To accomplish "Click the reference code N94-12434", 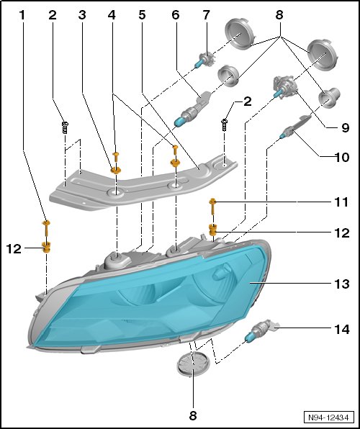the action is [328, 417].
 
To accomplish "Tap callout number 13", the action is [342, 284].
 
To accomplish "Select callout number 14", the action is [342, 330].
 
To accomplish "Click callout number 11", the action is [341, 202].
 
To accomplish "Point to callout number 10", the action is [342, 158].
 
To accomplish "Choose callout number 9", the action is [345, 127].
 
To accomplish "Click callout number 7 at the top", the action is [206, 15].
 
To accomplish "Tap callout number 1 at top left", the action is [22, 15].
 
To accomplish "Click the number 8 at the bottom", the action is [193, 416].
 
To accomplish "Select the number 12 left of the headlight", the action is [14, 249].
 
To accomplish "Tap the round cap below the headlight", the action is [192, 363].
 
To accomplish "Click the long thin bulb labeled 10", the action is [295, 127].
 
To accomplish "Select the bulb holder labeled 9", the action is [284, 86].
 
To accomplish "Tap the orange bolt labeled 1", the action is [46, 229].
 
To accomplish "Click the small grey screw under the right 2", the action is [225, 125].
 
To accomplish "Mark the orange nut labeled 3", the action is [116, 171].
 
